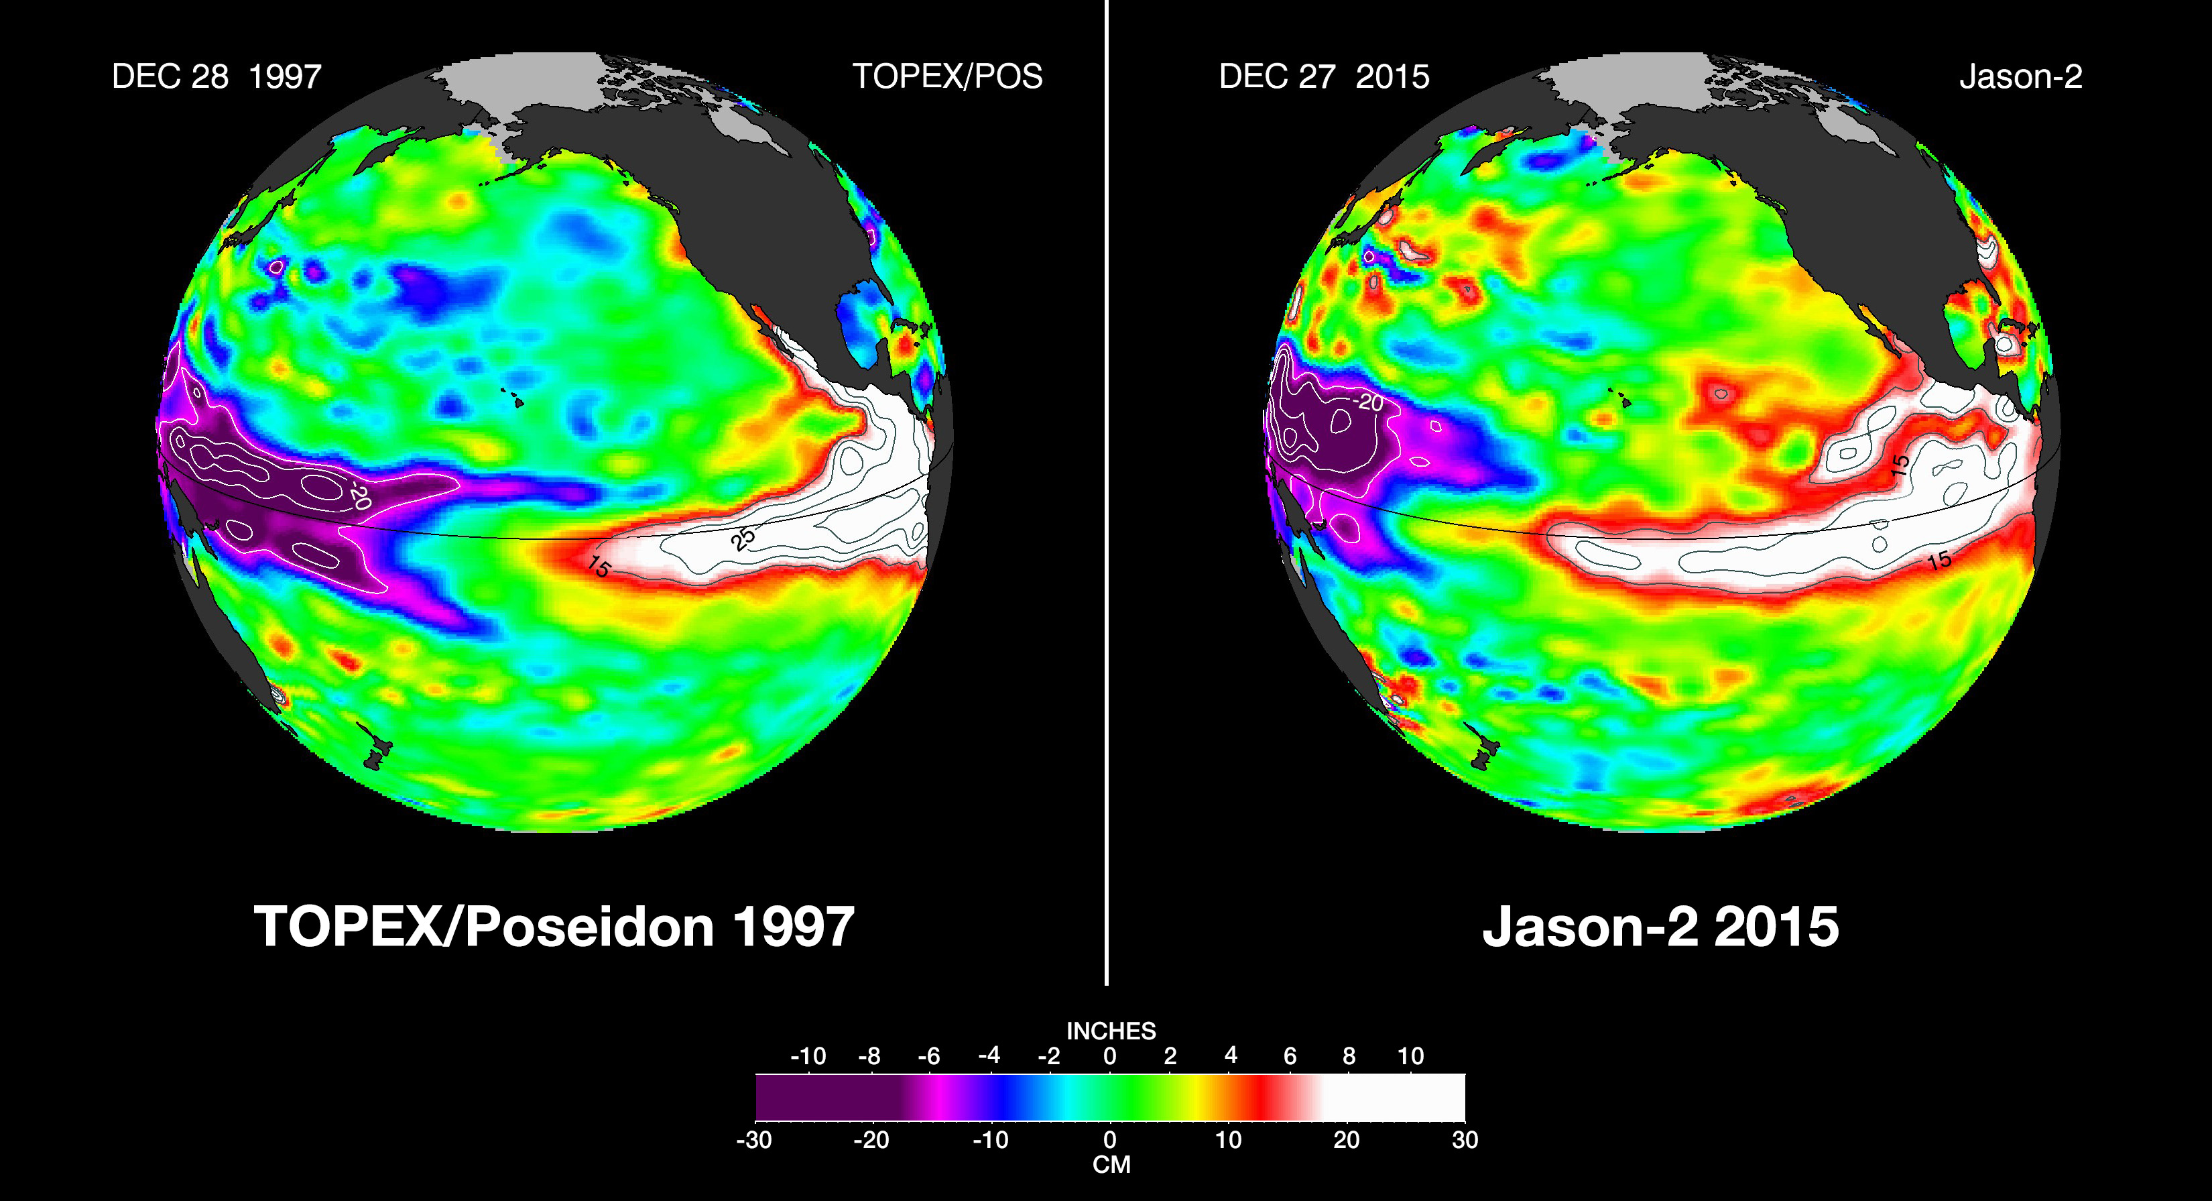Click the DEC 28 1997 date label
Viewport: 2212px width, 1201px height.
(x=217, y=77)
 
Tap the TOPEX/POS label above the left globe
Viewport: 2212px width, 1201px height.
(x=947, y=77)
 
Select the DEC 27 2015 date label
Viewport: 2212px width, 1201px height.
(x=1323, y=77)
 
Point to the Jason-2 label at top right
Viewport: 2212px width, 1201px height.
(x=2020, y=77)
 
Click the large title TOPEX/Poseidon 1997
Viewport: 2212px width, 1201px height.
(x=554, y=926)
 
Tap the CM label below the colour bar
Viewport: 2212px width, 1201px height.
(x=1111, y=1165)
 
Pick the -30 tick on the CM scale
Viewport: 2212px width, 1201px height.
(x=754, y=1140)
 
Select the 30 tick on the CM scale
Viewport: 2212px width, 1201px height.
(x=1465, y=1140)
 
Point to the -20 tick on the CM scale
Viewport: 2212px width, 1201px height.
(x=871, y=1140)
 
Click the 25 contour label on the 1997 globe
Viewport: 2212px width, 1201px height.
(x=743, y=538)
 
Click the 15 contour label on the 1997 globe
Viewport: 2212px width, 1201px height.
(x=599, y=567)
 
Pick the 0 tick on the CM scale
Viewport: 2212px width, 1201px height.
(x=1109, y=1140)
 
